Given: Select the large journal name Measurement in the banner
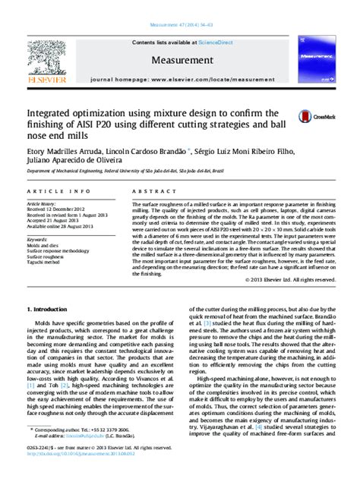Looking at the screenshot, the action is tap(179, 58).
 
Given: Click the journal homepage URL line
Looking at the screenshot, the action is tap(179, 78).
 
